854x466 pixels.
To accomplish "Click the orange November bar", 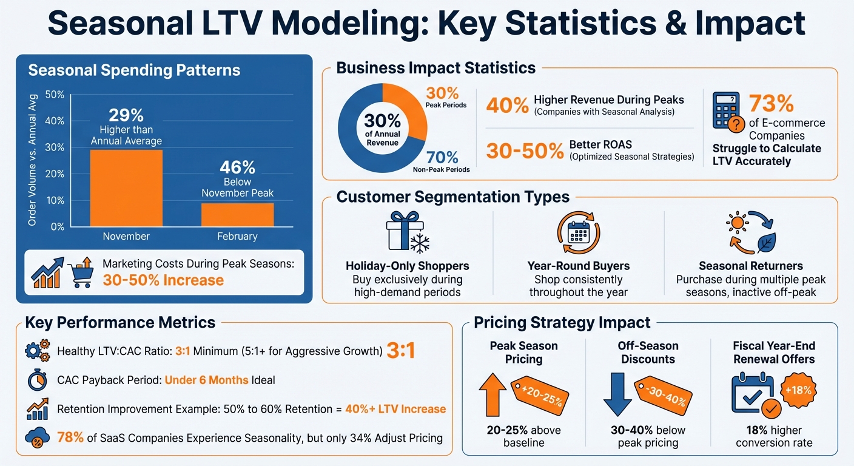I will (126, 187).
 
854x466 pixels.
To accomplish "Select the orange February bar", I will (237, 214).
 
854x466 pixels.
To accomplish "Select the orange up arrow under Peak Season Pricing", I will (493, 396).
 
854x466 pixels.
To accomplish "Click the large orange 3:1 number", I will (400, 351).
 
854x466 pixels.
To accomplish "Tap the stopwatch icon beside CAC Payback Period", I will (38, 380).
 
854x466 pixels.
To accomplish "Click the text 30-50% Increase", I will (163, 280).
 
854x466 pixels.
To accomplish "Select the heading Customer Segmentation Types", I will (452, 197).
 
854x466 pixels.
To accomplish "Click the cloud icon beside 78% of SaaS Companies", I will (38, 437).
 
